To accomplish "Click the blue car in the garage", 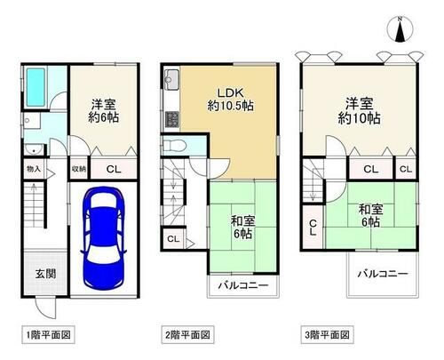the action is click(x=103, y=238).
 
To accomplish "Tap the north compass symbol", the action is click(x=400, y=29).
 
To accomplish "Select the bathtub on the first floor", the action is click(x=36, y=87).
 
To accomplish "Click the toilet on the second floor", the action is click(x=174, y=146).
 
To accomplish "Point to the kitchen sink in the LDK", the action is click(x=171, y=80).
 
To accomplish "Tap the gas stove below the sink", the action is click(x=171, y=119).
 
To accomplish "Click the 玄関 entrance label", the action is click(x=45, y=274).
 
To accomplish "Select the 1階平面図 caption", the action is click(x=48, y=335).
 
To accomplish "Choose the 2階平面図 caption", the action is click(x=187, y=335).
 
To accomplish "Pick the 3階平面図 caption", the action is click(x=327, y=335).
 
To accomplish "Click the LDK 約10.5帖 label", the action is click(x=230, y=99).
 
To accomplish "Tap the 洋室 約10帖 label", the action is click(x=359, y=111).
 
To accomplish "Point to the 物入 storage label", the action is click(x=34, y=169).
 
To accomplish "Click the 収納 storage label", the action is click(x=78, y=169).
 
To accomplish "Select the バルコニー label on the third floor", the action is click(x=383, y=273).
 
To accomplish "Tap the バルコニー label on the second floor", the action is click(x=243, y=285).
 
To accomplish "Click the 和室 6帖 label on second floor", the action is click(x=242, y=228).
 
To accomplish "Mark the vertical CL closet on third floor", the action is click(x=313, y=228).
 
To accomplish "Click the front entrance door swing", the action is click(x=45, y=308).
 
